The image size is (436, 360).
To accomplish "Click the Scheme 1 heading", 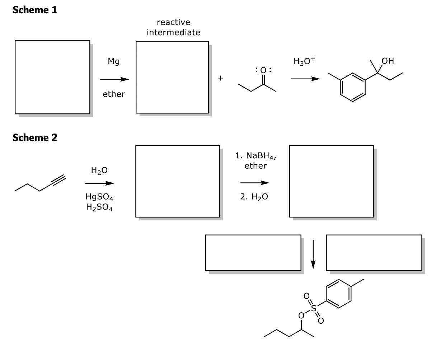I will (x=35, y=10).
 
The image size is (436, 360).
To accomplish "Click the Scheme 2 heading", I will (x=35, y=137).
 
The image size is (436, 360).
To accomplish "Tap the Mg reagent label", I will (x=114, y=62).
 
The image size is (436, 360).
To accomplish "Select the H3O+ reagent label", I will (x=304, y=61).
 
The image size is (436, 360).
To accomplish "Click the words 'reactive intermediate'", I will (x=173, y=28).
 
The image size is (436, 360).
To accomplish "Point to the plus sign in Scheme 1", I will (x=220, y=78).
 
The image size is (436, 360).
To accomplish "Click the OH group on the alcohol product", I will (x=388, y=61).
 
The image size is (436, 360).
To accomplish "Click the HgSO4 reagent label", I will (x=99, y=197).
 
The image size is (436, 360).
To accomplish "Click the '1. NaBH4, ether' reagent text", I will (x=255, y=161).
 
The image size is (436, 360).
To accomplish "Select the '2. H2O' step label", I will (x=254, y=197).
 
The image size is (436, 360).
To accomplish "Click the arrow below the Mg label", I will (x=114, y=79).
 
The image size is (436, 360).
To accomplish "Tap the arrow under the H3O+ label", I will (x=305, y=79).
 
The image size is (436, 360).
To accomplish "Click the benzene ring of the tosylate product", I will (x=338, y=294).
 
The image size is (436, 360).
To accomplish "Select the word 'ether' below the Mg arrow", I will (x=114, y=94).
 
